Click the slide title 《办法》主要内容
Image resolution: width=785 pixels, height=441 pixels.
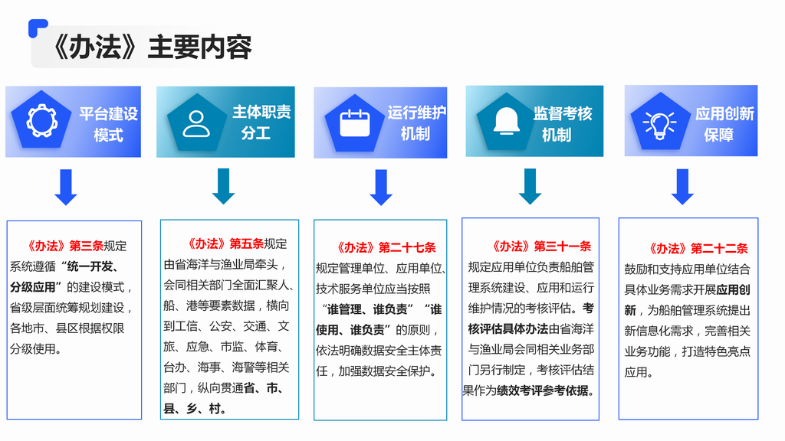tap(151, 47)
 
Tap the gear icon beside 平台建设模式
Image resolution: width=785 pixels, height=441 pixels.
tap(41, 120)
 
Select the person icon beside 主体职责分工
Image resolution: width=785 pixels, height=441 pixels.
tap(196, 123)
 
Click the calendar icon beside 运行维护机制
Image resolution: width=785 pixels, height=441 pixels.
tap(354, 123)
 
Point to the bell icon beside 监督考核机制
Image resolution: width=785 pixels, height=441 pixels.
tap(506, 121)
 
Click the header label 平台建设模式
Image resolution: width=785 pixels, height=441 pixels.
tap(108, 124)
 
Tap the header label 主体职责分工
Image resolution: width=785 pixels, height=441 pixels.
tap(261, 122)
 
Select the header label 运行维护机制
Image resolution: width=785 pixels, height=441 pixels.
tap(416, 123)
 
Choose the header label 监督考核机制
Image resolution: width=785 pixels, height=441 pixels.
tap(562, 124)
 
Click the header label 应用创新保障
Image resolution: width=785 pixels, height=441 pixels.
tap(724, 124)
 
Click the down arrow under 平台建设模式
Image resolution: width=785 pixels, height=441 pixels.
tap(66, 187)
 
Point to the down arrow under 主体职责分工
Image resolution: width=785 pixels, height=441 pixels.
tap(223, 186)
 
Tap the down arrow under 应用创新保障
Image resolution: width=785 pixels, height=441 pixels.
tap(682, 187)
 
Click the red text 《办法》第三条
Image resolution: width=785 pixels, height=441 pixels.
tap(65, 246)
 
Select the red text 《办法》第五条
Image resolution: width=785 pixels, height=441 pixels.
tap(225, 243)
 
